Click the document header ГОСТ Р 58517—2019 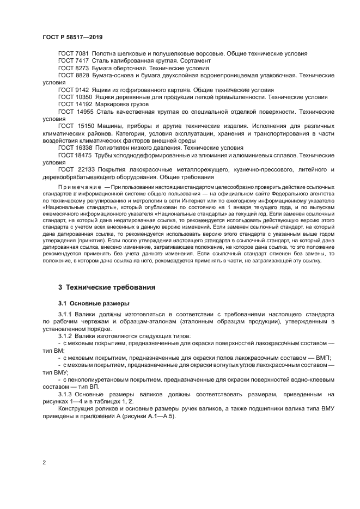point(72,38)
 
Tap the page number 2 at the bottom point(44,463)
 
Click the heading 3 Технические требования point(107,287)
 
